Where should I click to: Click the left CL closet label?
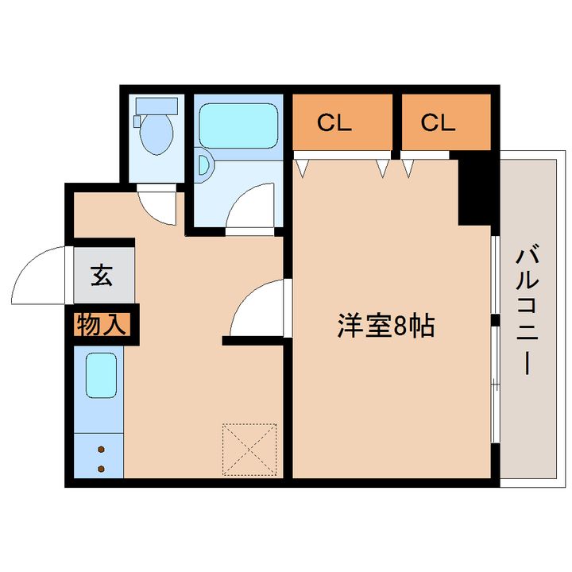pos(335,122)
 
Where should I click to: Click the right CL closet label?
pos(438,122)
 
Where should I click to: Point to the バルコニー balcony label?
pos(525,310)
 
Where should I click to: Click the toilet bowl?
pos(157,135)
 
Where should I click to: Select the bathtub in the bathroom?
pos(239,125)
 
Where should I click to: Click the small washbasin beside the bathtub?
pos(205,164)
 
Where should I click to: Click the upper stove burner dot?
pos(102,450)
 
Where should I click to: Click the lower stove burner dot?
pos(102,468)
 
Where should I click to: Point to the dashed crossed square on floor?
pos(250,450)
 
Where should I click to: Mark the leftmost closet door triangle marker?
pos(302,167)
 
